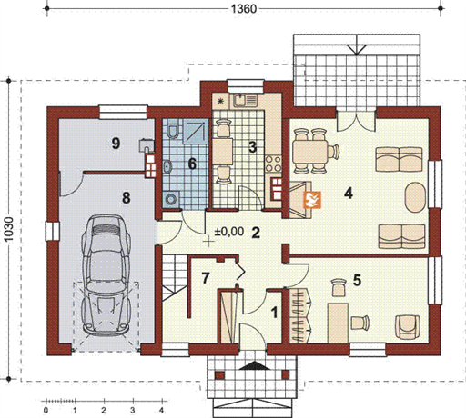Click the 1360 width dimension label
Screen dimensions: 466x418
click(x=244, y=9)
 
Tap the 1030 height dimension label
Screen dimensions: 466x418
click(x=9, y=230)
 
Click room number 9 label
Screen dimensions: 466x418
click(x=116, y=144)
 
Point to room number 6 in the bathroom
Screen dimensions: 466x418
click(x=192, y=164)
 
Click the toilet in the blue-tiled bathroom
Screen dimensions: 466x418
click(x=173, y=131)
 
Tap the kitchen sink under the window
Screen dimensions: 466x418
click(x=245, y=100)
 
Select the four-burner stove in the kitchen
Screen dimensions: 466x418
click(x=273, y=164)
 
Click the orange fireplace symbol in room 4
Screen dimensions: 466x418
click(x=312, y=200)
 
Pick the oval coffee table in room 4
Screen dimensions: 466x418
click(x=415, y=197)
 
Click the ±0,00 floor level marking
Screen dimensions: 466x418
click(x=229, y=232)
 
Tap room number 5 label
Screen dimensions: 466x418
click(x=357, y=281)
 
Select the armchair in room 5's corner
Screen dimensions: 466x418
click(x=408, y=326)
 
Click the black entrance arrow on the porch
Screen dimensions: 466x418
click(x=255, y=365)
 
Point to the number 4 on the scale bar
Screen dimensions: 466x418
click(x=161, y=411)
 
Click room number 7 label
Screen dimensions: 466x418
click(x=206, y=278)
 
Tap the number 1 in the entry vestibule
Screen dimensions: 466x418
click(x=274, y=313)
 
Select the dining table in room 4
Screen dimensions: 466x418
click(x=310, y=152)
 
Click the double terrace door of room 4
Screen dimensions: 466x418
click(x=357, y=121)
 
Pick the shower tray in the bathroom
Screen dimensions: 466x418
click(x=196, y=131)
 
